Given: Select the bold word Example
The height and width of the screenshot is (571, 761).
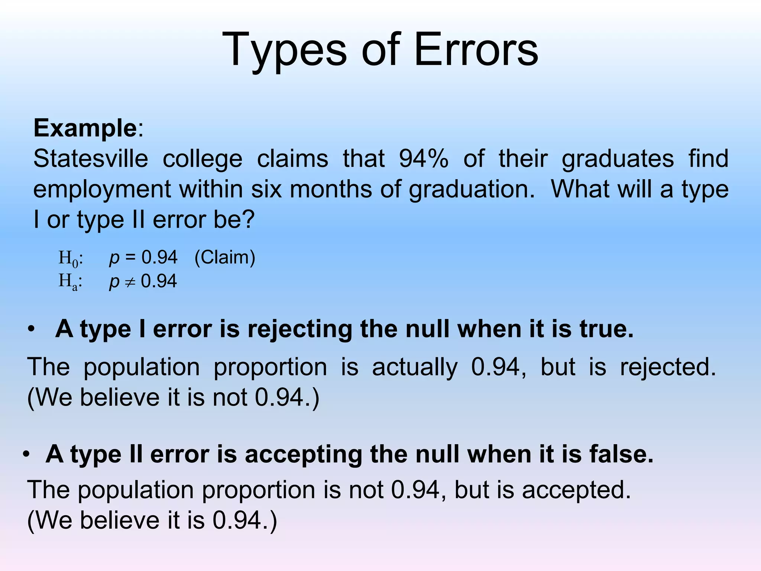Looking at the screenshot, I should [85, 128].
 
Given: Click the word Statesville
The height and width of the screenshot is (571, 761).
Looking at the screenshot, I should [91, 159].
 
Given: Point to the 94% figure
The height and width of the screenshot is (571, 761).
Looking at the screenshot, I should [424, 159].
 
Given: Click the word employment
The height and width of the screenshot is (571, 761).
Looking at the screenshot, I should [102, 189].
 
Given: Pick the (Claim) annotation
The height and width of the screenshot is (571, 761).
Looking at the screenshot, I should [225, 257].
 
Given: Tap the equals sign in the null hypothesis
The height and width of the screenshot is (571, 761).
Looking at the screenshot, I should [130, 257].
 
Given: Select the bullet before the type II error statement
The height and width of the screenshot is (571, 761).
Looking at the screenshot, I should [26, 454].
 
